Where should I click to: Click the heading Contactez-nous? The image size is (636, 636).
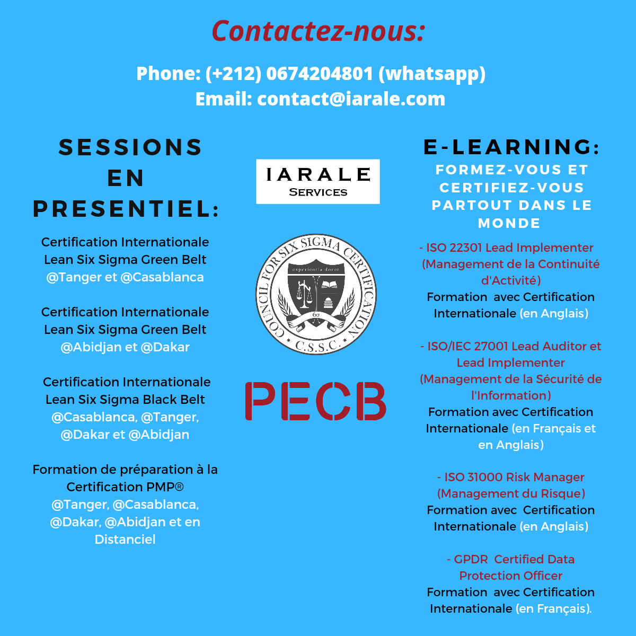pyautogui.click(x=318, y=31)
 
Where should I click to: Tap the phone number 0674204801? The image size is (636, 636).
pyautogui.click(x=320, y=74)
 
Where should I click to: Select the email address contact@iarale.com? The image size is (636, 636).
pyautogui.click(x=351, y=99)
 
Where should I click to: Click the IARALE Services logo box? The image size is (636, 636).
pyautogui.click(x=318, y=181)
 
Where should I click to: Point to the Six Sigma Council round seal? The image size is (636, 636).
pyautogui.click(x=316, y=294)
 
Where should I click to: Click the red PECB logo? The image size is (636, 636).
pyautogui.click(x=316, y=401)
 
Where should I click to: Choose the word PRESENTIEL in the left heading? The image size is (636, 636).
pyautogui.click(x=122, y=208)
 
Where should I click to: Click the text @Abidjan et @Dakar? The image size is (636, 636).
pyautogui.click(x=125, y=347)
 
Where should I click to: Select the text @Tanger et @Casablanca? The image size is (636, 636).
pyautogui.click(x=125, y=277)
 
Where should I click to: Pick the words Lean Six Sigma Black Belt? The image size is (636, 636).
pyautogui.click(x=125, y=400)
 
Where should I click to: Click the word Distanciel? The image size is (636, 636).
pyautogui.click(x=125, y=540)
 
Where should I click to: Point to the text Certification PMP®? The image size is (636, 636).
pyautogui.click(x=125, y=487)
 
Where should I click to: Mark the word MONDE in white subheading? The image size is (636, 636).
pyautogui.click(x=509, y=224)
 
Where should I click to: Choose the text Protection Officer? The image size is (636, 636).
pyautogui.click(x=511, y=576)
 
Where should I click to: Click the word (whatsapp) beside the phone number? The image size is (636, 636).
pyautogui.click(x=432, y=74)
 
